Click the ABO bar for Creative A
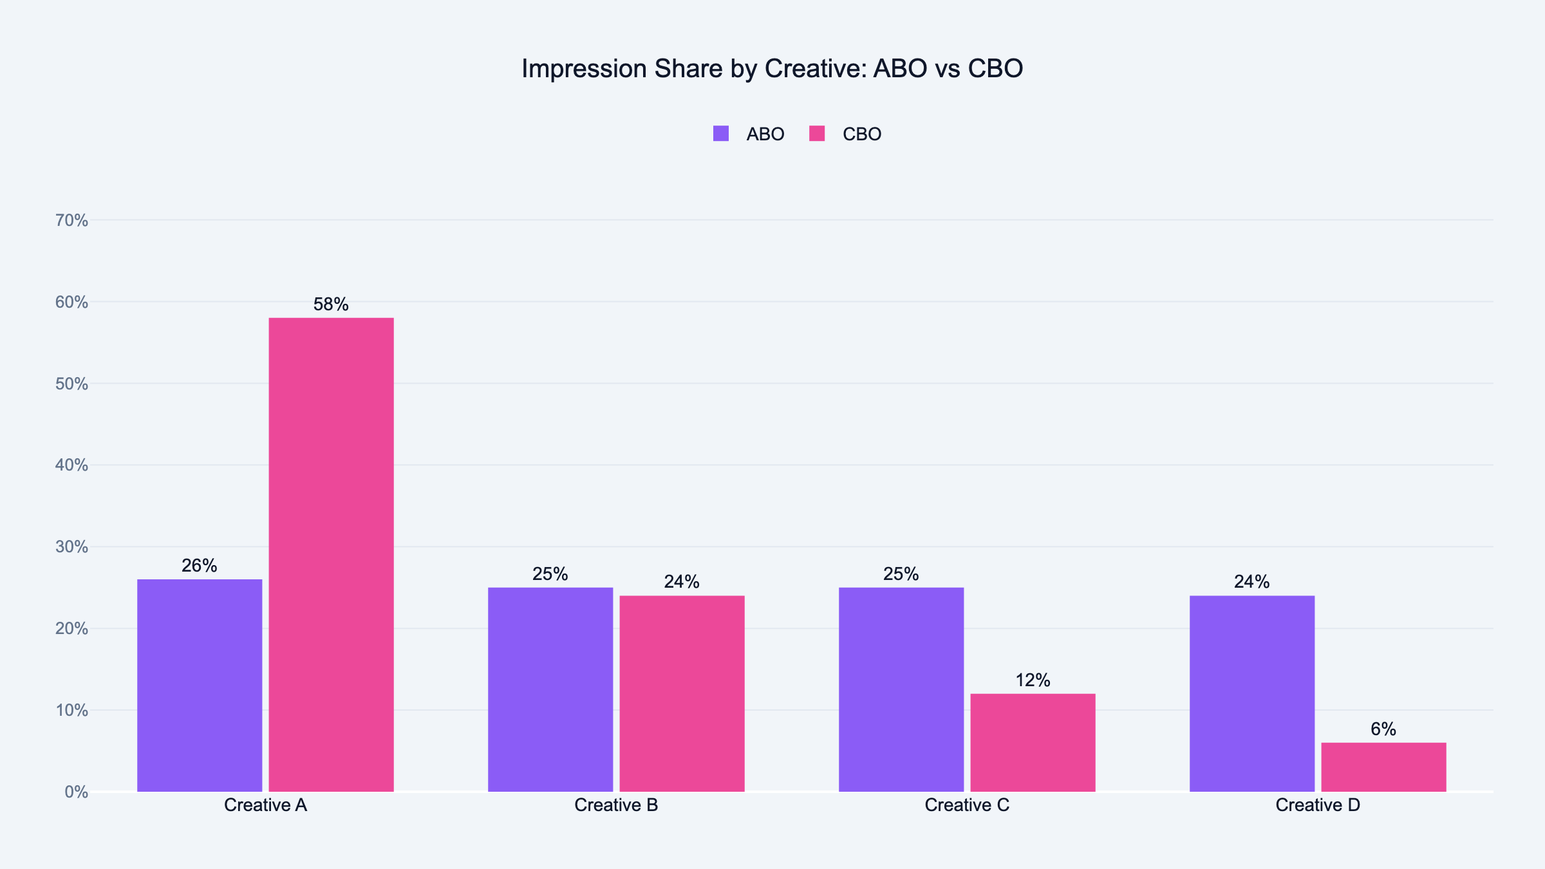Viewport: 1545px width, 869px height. (x=200, y=686)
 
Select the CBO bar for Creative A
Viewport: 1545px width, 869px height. (x=331, y=554)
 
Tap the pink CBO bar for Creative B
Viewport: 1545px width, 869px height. (x=682, y=693)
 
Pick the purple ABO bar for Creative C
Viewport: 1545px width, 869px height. (x=901, y=689)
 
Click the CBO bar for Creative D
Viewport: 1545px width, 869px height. (x=1383, y=767)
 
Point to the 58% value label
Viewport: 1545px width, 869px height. (x=331, y=304)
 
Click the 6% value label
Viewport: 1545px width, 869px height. (x=1383, y=729)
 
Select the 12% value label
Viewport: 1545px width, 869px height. (x=1033, y=680)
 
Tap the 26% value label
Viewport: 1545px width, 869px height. (x=200, y=566)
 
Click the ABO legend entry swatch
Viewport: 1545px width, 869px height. (x=721, y=134)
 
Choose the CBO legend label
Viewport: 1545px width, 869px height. (x=861, y=134)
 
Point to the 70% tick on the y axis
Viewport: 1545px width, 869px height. (x=71, y=220)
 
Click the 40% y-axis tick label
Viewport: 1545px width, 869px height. (x=71, y=465)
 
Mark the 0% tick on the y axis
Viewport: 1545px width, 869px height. (x=76, y=792)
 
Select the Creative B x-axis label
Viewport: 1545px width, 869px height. (x=616, y=805)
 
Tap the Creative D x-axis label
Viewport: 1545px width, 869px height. (x=1318, y=805)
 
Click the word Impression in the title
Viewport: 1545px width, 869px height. (x=583, y=69)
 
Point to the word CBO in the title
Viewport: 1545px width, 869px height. (x=995, y=69)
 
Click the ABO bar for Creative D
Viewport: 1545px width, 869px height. (x=1252, y=693)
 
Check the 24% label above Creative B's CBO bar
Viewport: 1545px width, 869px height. (x=682, y=582)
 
